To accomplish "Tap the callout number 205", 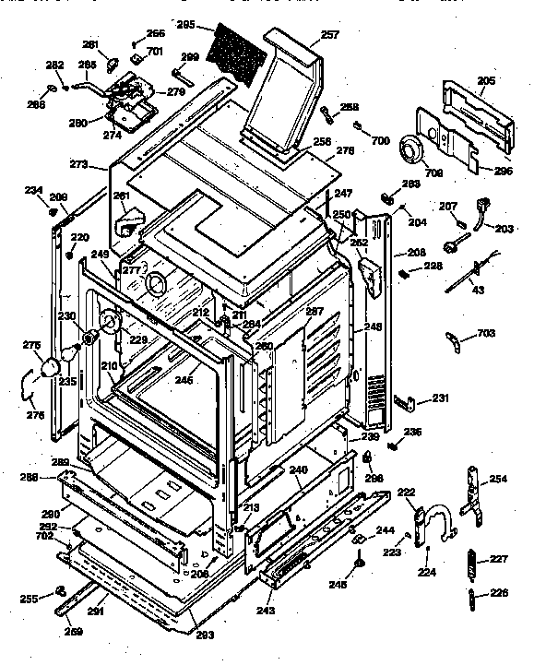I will click(485, 81).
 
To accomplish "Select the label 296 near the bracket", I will click(503, 170).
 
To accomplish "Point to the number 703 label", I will click(486, 333).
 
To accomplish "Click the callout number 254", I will click(497, 479).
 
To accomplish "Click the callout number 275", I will click(32, 345).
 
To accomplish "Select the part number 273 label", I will click(79, 166).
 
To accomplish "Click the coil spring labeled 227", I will click(471, 562).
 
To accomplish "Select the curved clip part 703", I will click(456, 339).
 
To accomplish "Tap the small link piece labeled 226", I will click(471, 597).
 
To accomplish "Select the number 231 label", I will click(441, 398).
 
